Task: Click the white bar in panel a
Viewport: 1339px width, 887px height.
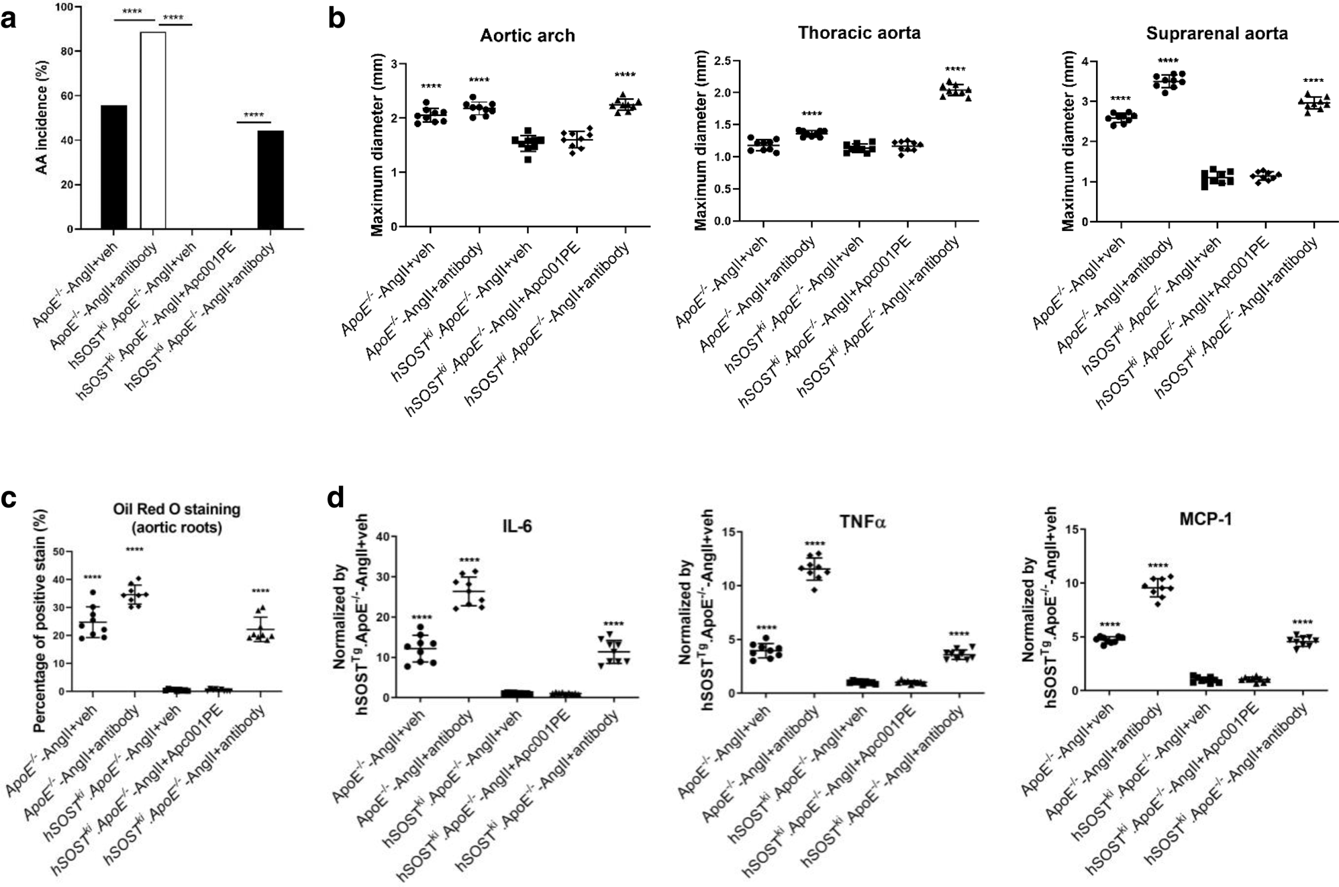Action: click(153, 131)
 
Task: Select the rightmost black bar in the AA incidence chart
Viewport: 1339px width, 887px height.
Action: click(270, 180)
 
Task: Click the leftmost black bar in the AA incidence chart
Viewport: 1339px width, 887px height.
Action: click(113, 167)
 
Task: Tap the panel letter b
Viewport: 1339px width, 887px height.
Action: click(336, 18)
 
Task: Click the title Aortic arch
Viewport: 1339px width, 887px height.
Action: click(527, 36)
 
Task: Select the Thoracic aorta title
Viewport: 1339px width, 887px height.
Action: click(858, 33)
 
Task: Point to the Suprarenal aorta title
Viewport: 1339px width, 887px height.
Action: click(1216, 34)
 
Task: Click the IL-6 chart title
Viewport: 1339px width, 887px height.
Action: click(517, 526)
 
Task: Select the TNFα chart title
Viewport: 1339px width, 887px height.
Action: click(862, 522)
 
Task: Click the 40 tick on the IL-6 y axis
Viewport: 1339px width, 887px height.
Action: click(383, 536)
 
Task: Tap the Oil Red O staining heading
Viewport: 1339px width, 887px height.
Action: click(177, 518)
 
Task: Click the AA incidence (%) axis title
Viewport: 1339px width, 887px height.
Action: click(42, 118)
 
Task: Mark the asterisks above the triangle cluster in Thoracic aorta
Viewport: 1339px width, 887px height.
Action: click(954, 69)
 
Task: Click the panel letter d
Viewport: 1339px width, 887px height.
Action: click(336, 498)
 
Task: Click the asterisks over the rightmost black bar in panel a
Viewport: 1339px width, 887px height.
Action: click(253, 115)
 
